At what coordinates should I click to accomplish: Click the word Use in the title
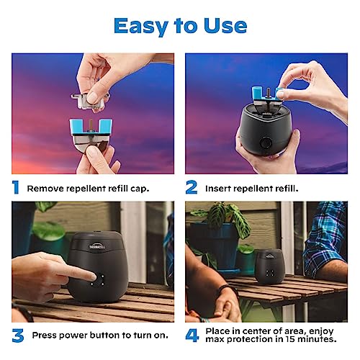[222, 26]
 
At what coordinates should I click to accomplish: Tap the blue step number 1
[16, 188]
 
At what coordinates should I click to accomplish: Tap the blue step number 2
[192, 188]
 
